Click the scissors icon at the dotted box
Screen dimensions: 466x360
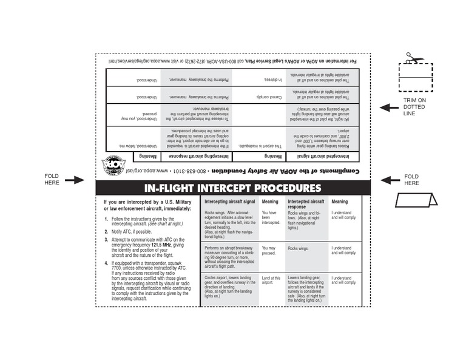pyautogui.click(x=408, y=58)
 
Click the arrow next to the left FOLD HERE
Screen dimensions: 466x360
pyautogui.click(x=75, y=180)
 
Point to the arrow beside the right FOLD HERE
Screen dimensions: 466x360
pyautogui.click(x=390, y=179)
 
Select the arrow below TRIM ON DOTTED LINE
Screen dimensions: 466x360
pyautogui.click(x=389, y=107)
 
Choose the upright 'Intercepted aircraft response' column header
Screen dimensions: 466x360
pyautogui.click(x=306, y=204)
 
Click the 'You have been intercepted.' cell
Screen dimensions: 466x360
pyautogui.click(x=271, y=218)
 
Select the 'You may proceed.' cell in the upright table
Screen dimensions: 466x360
pyautogui.click(x=268, y=251)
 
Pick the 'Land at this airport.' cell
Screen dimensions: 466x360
pyautogui.click(x=271, y=280)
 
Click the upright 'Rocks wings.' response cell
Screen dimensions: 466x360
pyautogui.click(x=298, y=248)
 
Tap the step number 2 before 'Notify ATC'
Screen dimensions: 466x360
pyautogui.click(x=106, y=232)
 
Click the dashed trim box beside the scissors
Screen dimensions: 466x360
pyautogui.click(x=415, y=76)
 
